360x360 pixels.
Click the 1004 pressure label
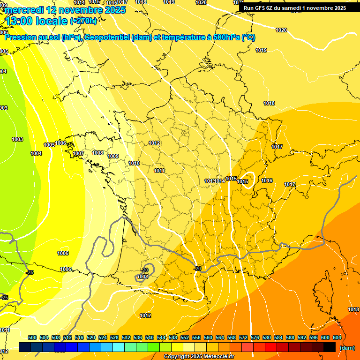pyautogui.click(x=36, y=153)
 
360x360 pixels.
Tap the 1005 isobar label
pyautogui.click(x=49, y=145)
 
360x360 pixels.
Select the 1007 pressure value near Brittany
pyautogui.click(x=78, y=153)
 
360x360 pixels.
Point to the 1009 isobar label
pyautogui.click(x=113, y=156)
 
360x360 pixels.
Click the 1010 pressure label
pyautogui.click(x=134, y=163)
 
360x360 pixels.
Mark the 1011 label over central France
pyautogui.click(x=159, y=171)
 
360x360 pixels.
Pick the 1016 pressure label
pyautogui.click(x=267, y=180)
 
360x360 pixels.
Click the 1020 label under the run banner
pyautogui.click(x=281, y=30)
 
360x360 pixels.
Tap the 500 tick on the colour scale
pyautogui.click(x=32, y=337)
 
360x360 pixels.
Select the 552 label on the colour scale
pyautogui.click(x=185, y=337)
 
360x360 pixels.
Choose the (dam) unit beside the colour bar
pyautogui.click(x=347, y=348)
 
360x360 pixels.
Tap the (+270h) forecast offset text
pyautogui.click(x=83, y=21)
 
